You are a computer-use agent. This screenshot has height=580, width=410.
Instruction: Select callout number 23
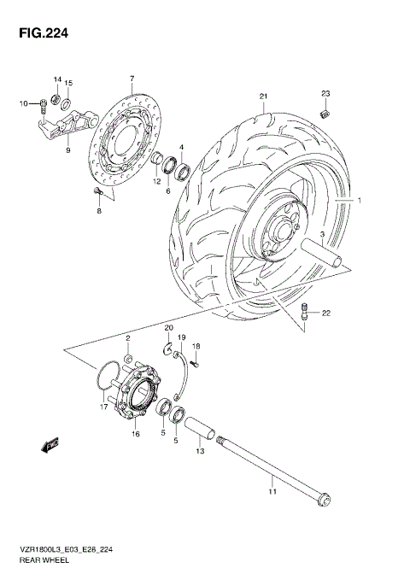[325, 93]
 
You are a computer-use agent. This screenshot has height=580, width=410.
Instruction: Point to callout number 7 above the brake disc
[132, 79]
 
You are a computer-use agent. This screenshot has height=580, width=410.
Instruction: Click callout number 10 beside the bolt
[24, 104]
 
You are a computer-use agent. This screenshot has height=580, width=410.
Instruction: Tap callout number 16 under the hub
[134, 434]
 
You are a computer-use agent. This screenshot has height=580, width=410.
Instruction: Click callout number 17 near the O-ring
[102, 407]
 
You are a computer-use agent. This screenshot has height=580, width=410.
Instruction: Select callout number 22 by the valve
[325, 314]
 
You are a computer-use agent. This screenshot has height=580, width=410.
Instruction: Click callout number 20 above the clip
[168, 329]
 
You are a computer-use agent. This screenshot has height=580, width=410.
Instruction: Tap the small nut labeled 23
[325, 113]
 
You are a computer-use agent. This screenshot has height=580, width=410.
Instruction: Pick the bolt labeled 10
[40, 106]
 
